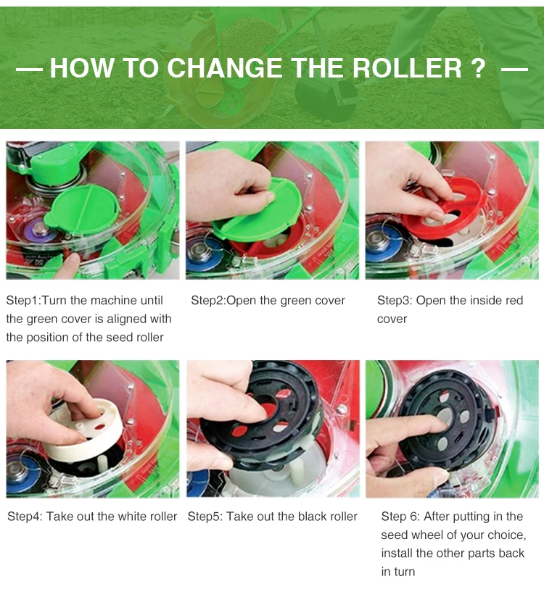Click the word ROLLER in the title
407,68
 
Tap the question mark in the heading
479,68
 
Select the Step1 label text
23,301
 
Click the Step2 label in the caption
209,301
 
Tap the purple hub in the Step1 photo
38,228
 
